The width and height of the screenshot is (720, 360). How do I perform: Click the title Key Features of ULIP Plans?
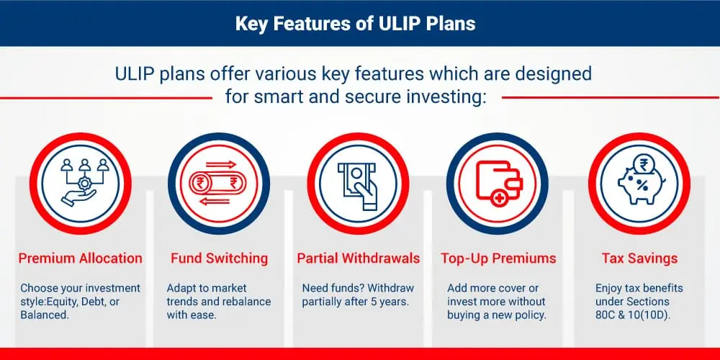click(x=356, y=24)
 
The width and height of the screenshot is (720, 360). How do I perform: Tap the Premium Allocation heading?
click(x=81, y=258)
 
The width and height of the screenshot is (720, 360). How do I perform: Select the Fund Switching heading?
click(x=219, y=258)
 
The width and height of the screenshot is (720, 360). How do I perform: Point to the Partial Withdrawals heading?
click(x=358, y=258)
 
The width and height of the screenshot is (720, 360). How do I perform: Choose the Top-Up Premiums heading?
click(x=498, y=258)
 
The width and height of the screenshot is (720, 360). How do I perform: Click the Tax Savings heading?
click(x=639, y=258)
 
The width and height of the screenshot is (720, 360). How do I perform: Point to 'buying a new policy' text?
click(x=496, y=315)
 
